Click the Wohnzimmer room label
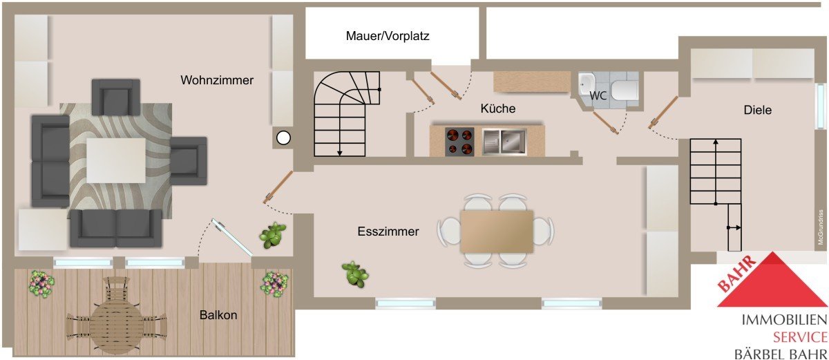coord(217,80)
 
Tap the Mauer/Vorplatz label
coord(388,36)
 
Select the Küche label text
coord(498,108)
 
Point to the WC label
coord(598,96)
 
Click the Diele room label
coord(757,109)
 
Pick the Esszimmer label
coord(388,231)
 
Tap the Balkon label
coord(218,315)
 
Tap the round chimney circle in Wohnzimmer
coord(283,138)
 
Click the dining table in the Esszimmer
coord(497,231)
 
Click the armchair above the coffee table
coord(116,97)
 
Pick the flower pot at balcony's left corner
coord(41,283)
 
